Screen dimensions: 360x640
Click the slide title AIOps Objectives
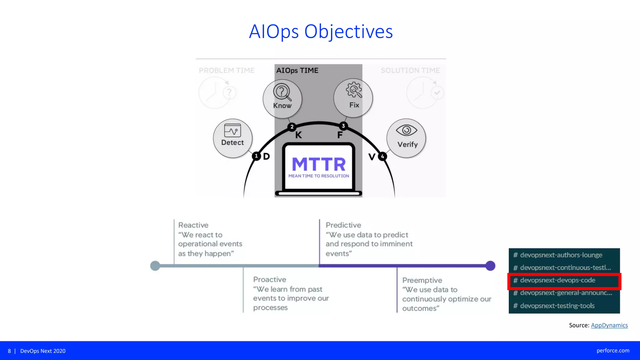coord(321,32)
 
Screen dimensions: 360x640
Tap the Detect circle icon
coord(232,138)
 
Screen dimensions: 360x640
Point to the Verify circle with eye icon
coord(406,138)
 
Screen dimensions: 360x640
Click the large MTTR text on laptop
coord(319,164)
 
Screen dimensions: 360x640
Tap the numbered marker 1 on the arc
coord(256,156)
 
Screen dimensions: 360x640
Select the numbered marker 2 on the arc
coord(292,127)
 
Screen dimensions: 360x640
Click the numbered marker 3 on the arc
coord(343,126)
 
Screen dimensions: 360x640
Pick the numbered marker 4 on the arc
coord(382,156)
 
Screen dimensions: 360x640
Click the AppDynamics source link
coord(609,325)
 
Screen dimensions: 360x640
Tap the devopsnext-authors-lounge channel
coord(561,255)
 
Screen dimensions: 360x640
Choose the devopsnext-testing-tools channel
coord(557,306)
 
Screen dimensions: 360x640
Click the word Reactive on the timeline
coord(193,225)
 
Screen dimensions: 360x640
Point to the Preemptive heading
coord(422,280)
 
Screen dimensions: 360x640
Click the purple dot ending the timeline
coord(490,266)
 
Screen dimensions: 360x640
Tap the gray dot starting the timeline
coord(155,266)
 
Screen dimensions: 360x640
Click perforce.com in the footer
coord(613,351)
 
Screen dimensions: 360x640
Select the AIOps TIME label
coord(297,71)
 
